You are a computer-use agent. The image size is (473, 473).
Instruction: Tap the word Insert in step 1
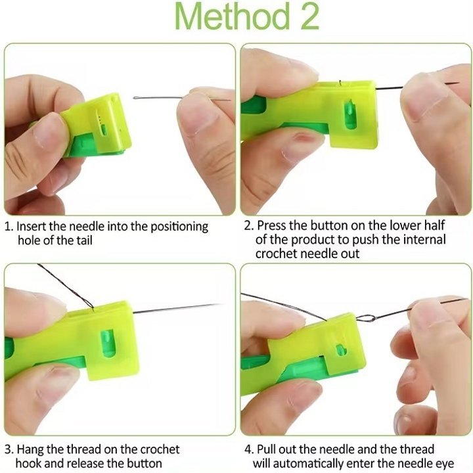32,226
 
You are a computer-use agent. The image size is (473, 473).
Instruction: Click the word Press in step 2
272,226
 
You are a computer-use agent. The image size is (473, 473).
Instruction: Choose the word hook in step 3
31,464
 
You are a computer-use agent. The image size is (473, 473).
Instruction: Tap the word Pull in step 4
267,449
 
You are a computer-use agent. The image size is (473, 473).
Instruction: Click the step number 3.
9,449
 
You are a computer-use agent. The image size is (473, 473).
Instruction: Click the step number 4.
249,449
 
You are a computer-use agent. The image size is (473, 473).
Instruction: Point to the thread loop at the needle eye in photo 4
365,319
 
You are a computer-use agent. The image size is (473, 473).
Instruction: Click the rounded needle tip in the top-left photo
135,98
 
